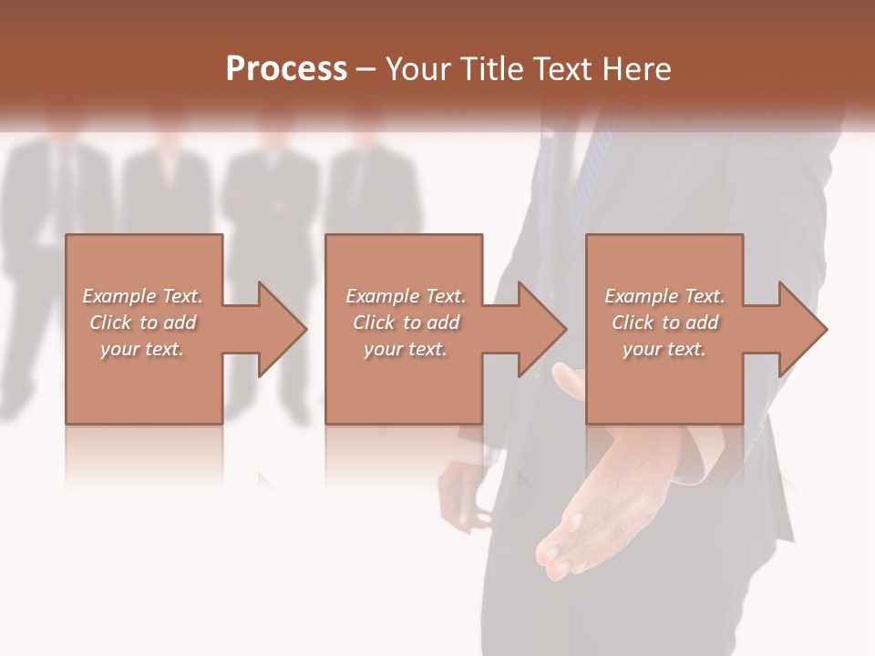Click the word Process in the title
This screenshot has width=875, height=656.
click(286, 69)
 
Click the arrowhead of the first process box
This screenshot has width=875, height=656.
click(282, 329)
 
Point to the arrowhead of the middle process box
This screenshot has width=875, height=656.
click(541, 329)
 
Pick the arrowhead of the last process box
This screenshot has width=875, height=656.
click(802, 329)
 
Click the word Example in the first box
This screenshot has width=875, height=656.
click(118, 296)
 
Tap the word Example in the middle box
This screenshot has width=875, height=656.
click(382, 296)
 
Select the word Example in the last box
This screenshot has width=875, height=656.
click(641, 296)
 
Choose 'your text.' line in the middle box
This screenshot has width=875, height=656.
click(405, 349)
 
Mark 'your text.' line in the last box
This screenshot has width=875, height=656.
click(664, 349)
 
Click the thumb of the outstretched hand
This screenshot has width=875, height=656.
click(569, 383)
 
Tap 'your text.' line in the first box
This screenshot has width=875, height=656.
click(141, 349)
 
